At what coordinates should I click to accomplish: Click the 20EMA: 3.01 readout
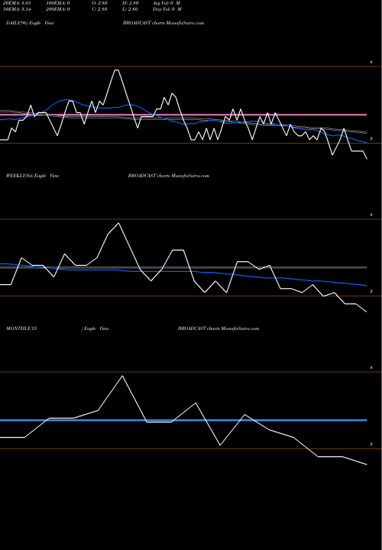coord(20,4)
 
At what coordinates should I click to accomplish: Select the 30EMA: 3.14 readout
coord(20,11)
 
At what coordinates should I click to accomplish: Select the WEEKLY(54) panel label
coord(18,176)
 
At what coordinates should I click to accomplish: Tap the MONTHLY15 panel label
coord(21,328)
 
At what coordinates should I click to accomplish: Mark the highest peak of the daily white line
coord(116,70)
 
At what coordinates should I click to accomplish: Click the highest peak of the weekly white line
coord(118,223)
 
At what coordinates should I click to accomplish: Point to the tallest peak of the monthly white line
coord(121,376)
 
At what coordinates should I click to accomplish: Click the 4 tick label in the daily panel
coord(371,62)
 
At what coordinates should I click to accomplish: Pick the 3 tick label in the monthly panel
coord(371,444)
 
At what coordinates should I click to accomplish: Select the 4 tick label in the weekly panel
coord(371,215)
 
